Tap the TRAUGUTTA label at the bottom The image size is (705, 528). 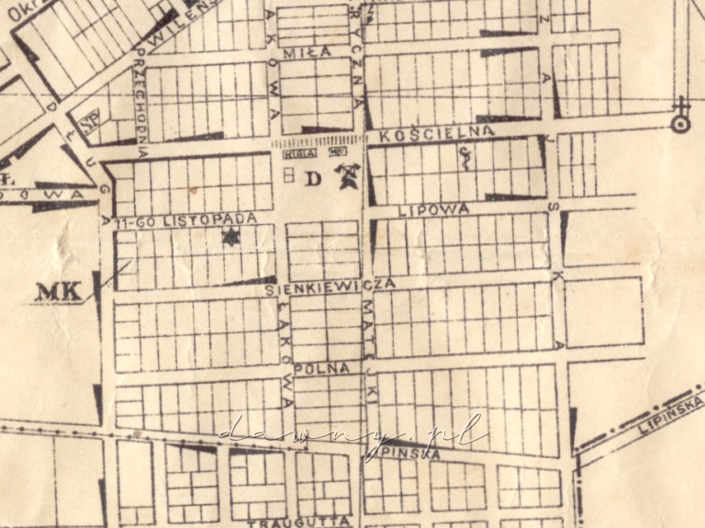click(300, 521)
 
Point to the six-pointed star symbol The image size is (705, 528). click(228, 239)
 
